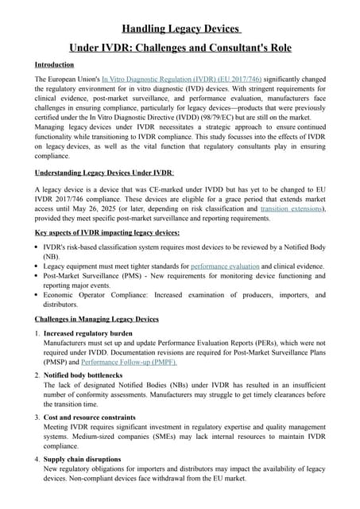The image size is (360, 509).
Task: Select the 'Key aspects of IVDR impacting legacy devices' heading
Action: pyautogui.click(x=107, y=232)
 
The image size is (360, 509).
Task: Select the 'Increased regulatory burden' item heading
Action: pyautogui.click(x=88, y=333)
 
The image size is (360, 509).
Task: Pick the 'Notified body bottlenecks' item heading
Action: pyautogui.click(x=83, y=375)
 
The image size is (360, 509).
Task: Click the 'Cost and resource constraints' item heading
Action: pyautogui.click(x=90, y=417)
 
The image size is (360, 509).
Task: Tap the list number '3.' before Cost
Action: pyautogui.click(x=38, y=417)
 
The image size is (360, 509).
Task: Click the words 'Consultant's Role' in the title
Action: pyautogui.click(x=246, y=48)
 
